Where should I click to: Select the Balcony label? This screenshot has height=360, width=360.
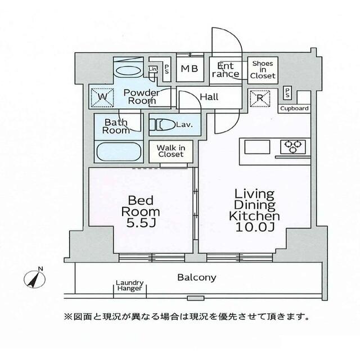tap(196, 277)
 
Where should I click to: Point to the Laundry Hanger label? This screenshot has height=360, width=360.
tap(130, 286)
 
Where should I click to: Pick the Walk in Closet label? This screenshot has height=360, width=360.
tap(170, 150)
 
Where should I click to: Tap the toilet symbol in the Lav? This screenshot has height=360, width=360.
tap(162, 125)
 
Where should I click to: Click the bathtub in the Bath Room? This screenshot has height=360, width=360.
tap(118, 152)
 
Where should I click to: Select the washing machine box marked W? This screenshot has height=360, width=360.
tap(102, 96)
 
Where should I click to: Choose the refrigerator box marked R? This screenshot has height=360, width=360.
tap(260, 97)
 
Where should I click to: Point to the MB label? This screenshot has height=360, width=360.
tap(189, 71)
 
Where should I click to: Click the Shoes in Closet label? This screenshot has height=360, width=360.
tap(263, 70)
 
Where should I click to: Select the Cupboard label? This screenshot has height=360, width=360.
tap(294, 108)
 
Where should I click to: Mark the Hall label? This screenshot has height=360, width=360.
tap(209, 97)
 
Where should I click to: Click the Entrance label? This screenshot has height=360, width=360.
tap(228, 70)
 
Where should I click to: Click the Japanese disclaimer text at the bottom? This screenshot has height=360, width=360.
tap(187, 317)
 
